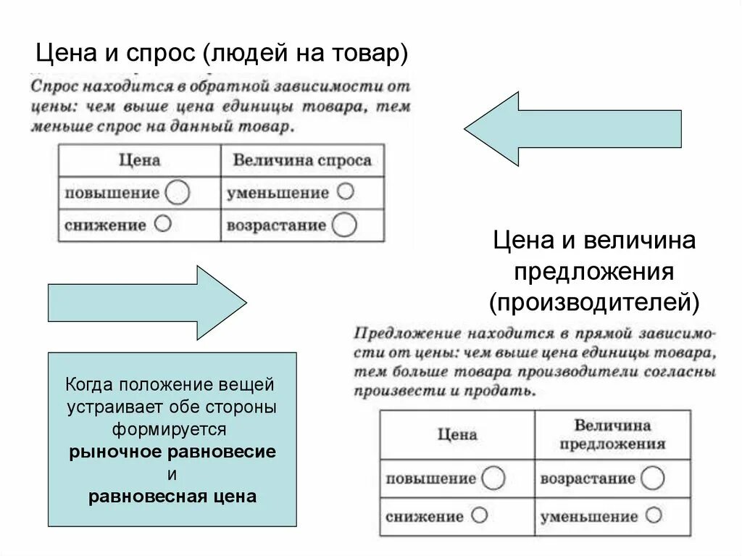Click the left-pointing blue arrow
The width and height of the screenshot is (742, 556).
click(572, 129)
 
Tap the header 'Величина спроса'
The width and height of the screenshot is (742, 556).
click(302, 160)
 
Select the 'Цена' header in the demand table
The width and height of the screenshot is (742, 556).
click(139, 160)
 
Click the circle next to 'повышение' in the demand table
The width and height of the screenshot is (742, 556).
click(178, 193)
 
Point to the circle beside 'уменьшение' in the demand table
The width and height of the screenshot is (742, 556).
click(346, 192)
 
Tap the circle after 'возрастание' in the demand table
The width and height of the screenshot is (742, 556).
click(345, 225)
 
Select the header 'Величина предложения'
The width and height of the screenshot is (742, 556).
click(612, 434)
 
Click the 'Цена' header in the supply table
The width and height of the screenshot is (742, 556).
click(457, 434)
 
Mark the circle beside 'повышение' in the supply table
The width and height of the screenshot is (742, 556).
click(493, 478)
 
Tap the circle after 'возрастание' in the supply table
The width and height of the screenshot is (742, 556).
click(652, 478)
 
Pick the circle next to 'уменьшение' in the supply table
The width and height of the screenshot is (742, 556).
click(654, 516)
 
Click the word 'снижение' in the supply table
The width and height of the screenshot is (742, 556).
click(424, 517)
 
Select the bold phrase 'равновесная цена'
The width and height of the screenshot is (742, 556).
click(172, 497)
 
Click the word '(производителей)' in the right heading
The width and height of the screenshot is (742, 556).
click(594, 301)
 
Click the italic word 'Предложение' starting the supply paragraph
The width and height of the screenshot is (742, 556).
click(397, 335)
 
